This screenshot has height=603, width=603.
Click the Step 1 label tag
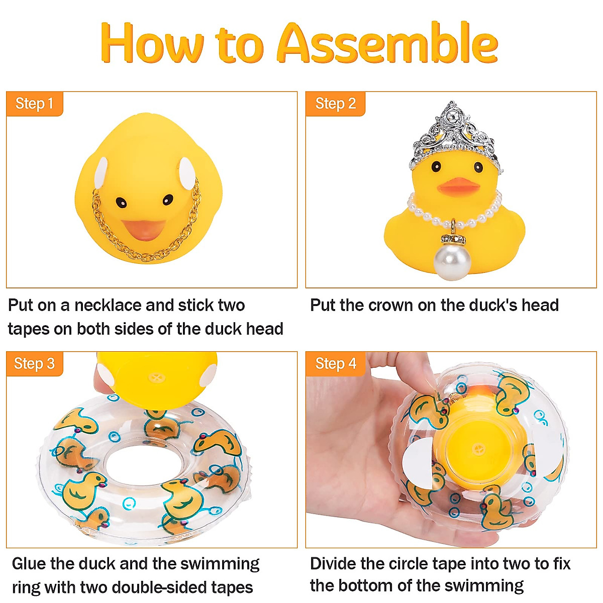(34, 104)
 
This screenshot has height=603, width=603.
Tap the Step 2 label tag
(335, 104)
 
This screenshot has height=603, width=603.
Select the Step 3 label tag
(34, 364)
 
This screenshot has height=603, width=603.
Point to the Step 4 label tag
(335, 364)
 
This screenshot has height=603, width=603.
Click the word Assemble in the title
(387, 44)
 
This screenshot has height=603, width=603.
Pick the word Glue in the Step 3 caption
(29, 564)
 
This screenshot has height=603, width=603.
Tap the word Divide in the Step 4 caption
(333, 564)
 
